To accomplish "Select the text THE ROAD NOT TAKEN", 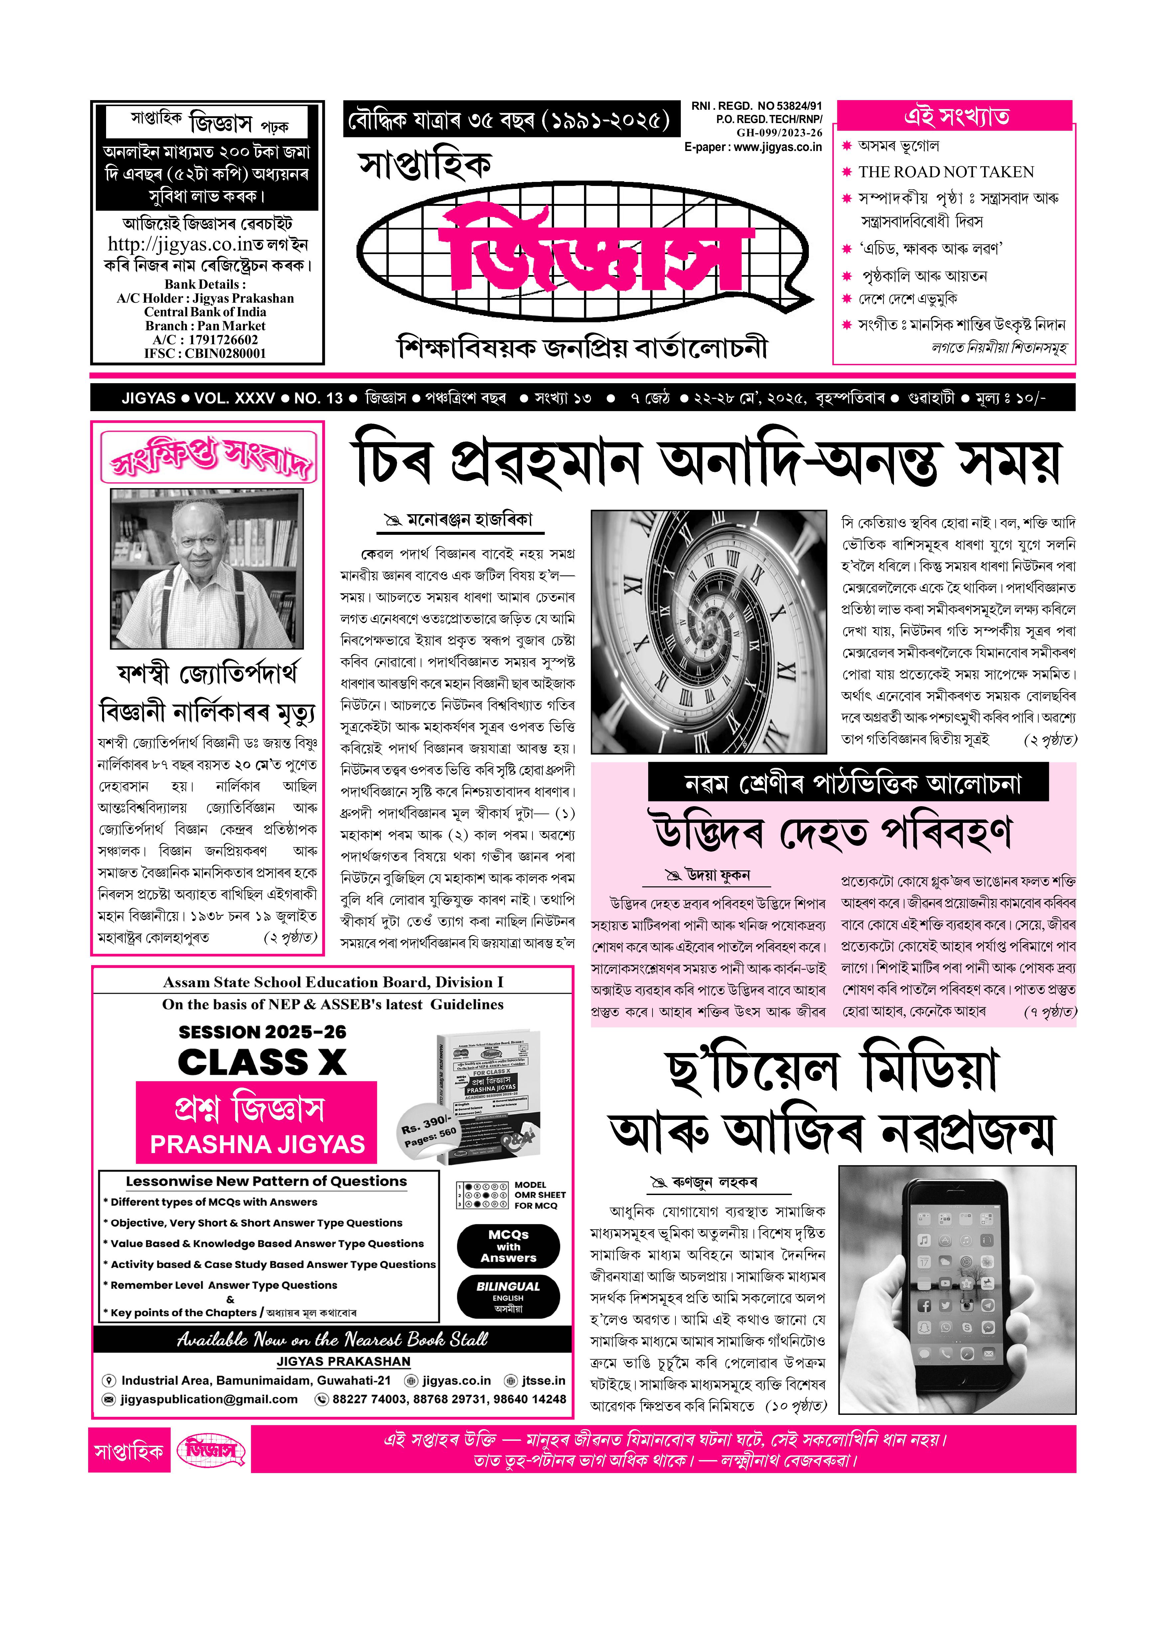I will pyautogui.click(x=946, y=172).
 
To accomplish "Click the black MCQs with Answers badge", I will pyautogui.click(x=508, y=1246).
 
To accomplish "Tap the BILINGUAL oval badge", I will pyautogui.click(x=508, y=1296).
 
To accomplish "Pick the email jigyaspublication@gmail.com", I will pyautogui.click(x=209, y=1399).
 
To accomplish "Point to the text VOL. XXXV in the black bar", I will pyautogui.click(x=234, y=398).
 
